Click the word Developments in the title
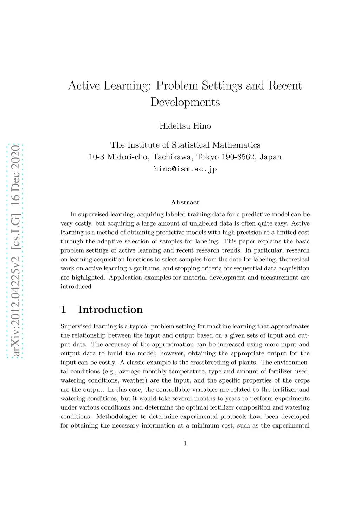(x=185, y=102)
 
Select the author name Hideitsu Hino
(x=185, y=126)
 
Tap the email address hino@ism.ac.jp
(x=185, y=169)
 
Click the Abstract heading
(x=185, y=202)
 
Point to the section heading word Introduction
(x=110, y=309)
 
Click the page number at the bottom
(x=185, y=443)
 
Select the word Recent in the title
(x=285, y=86)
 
